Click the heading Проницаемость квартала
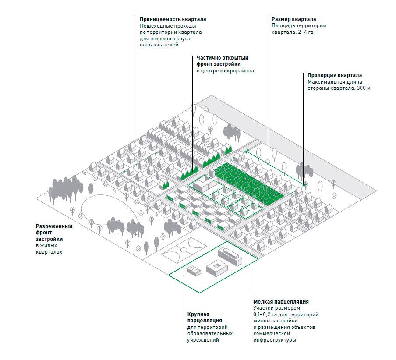(x=173, y=20)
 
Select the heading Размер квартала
(x=293, y=20)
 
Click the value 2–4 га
(x=304, y=32)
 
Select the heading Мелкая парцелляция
(x=281, y=302)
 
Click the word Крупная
(x=198, y=314)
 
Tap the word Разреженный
(x=54, y=226)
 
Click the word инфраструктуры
(x=274, y=340)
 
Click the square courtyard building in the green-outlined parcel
(x=217, y=267)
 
